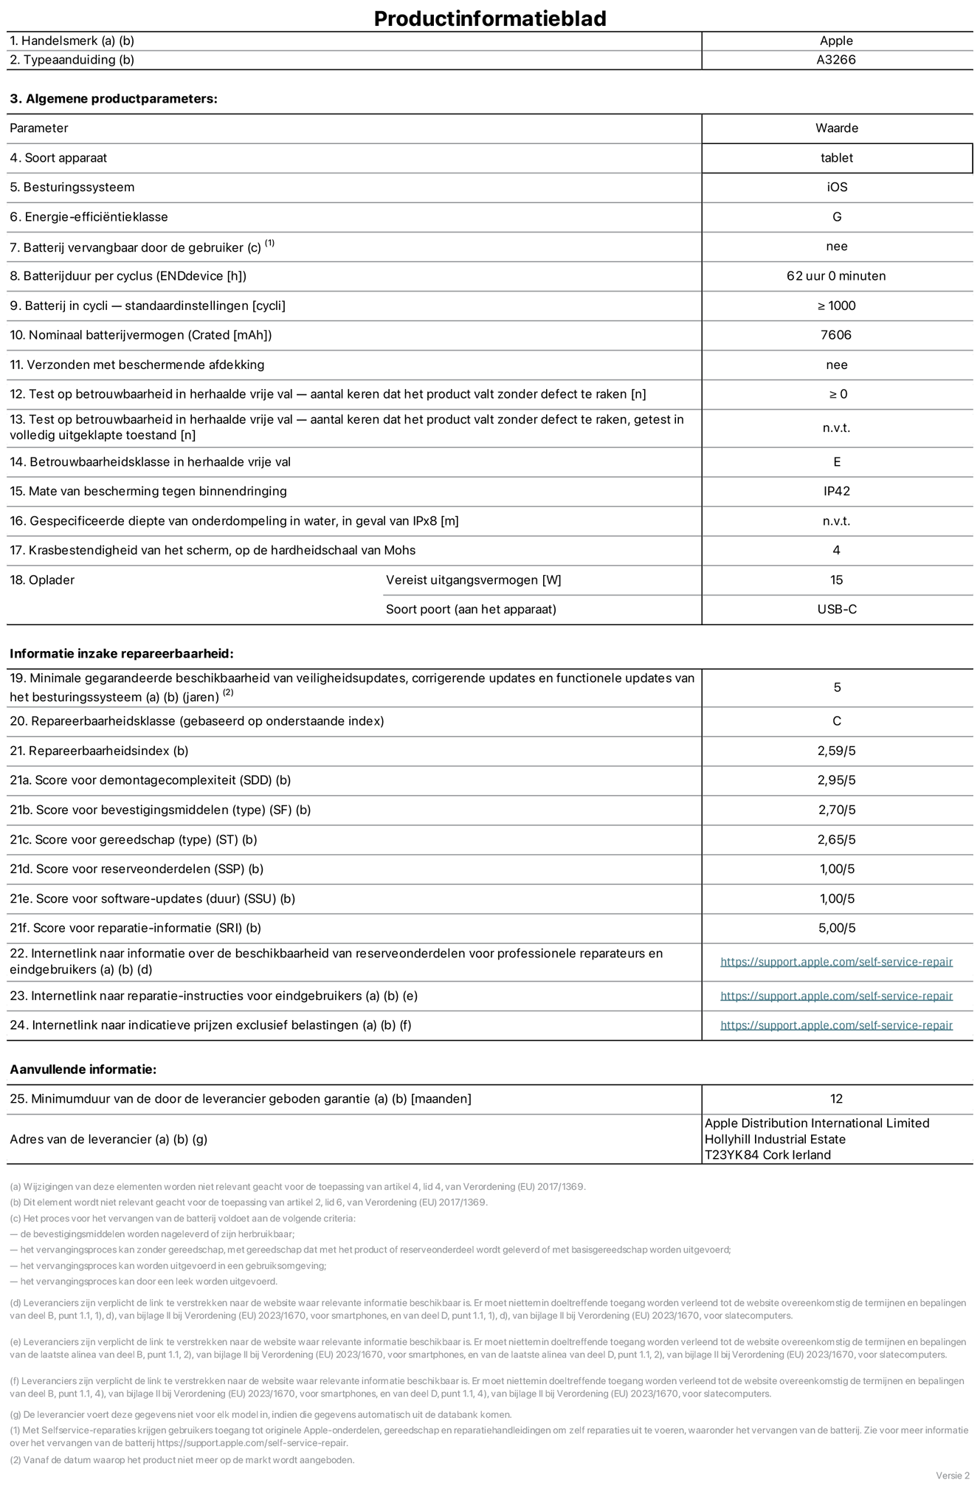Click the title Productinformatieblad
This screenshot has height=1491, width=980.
click(490, 18)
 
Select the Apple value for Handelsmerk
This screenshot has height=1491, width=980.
click(836, 41)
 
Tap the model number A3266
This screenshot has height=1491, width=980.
click(836, 60)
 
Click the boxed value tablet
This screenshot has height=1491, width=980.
click(836, 158)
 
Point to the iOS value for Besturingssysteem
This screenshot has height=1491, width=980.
click(837, 187)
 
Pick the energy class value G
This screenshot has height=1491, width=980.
click(837, 217)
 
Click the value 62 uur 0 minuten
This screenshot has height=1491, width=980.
click(836, 276)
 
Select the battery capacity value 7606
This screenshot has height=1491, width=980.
click(836, 335)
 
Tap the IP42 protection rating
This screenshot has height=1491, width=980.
click(837, 492)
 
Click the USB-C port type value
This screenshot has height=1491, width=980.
click(837, 610)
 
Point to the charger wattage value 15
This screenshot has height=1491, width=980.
click(836, 580)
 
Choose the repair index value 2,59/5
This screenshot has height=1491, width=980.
click(837, 751)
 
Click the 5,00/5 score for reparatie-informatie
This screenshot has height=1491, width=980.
click(837, 929)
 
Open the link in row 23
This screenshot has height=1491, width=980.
click(836, 996)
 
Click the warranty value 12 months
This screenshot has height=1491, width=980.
click(836, 1099)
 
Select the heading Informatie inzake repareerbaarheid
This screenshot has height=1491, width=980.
click(122, 654)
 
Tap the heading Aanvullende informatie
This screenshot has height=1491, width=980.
click(83, 1070)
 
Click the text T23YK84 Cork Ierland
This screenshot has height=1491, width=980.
click(767, 1155)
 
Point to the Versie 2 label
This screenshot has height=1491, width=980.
click(953, 1475)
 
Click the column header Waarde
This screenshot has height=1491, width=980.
click(837, 128)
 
